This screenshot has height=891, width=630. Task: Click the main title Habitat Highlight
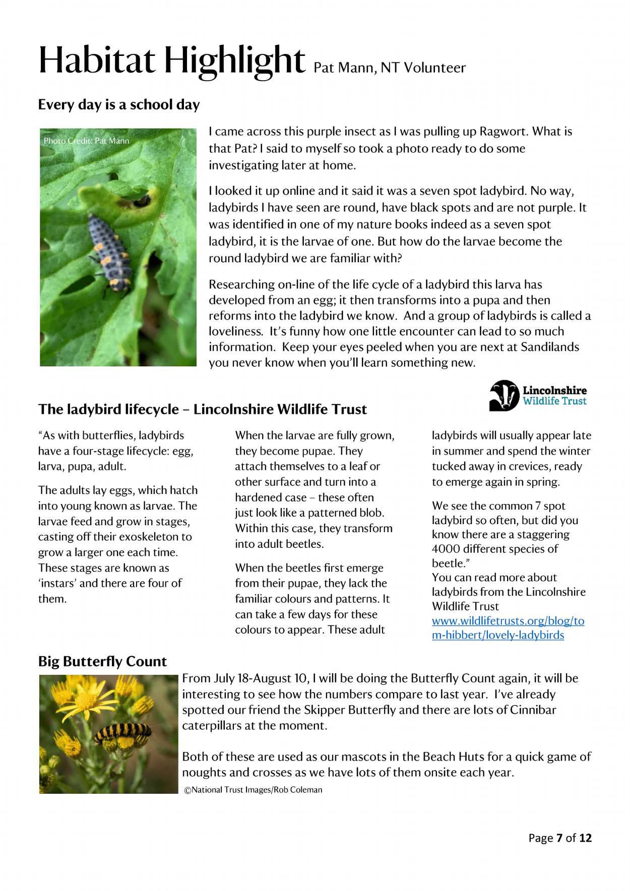pos(171,60)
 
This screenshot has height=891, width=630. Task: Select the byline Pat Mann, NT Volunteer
pos(389,68)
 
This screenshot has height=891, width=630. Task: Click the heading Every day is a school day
pos(119,105)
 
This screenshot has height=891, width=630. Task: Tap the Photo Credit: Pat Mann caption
pos(86,141)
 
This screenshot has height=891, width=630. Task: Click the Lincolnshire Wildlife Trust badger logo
pos(504,396)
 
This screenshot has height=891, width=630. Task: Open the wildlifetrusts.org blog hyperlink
pos(508,628)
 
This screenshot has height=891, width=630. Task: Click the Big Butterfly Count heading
pos(102,661)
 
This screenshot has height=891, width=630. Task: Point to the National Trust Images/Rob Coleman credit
pos(253,790)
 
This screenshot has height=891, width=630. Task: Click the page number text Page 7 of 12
pos(560,838)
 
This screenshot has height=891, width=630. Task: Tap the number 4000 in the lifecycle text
pos(446,549)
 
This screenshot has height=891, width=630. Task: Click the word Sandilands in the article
pos(550,347)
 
